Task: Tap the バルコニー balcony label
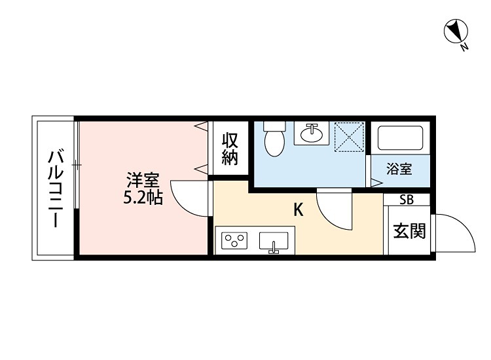pyautogui.click(x=56, y=189)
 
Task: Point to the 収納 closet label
pyautogui.click(x=229, y=149)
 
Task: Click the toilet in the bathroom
pyautogui.click(x=274, y=140)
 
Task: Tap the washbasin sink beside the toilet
pyautogui.click(x=312, y=134)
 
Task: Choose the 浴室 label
pyautogui.click(x=399, y=169)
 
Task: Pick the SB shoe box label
pyautogui.click(x=407, y=200)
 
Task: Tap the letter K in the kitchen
pyautogui.click(x=298, y=209)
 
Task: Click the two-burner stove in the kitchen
pyautogui.click(x=234, y=242)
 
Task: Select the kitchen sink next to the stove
pyautogui.click(x=274, y=242)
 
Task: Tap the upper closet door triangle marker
pyautogui.click(x=202, y=124)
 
